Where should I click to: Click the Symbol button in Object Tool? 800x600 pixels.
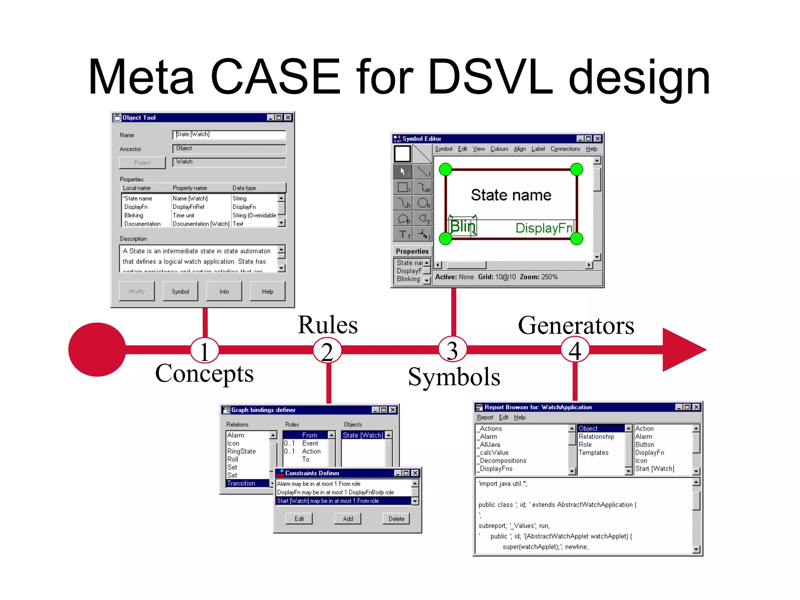pos(180,291)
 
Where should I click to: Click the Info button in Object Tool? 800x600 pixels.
pos(224,291)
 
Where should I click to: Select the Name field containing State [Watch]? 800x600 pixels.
pos(229,134)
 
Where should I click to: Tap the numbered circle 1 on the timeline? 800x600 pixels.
pos(204,350)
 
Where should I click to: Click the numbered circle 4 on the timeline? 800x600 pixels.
pos(575,350)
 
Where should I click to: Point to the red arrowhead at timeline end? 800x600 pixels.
pos(682,350)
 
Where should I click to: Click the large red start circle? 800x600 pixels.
pos(97,350)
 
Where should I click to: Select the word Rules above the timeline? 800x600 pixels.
pos(327,325)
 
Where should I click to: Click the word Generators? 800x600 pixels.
pos(576,325)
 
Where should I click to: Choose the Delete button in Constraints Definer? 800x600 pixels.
pos(396,519)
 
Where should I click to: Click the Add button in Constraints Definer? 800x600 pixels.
pos(348,519)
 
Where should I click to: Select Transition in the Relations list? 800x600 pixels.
pos(241,483)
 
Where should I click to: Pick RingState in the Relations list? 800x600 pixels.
pos(241,451)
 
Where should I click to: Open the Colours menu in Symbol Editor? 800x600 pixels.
pos(499,149)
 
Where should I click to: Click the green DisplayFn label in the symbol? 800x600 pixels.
pos(544,228)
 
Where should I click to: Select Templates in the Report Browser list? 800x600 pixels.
pos(593,452)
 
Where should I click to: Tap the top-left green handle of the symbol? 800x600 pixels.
pos(445,170)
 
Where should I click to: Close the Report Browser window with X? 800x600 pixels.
pos(696,407)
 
